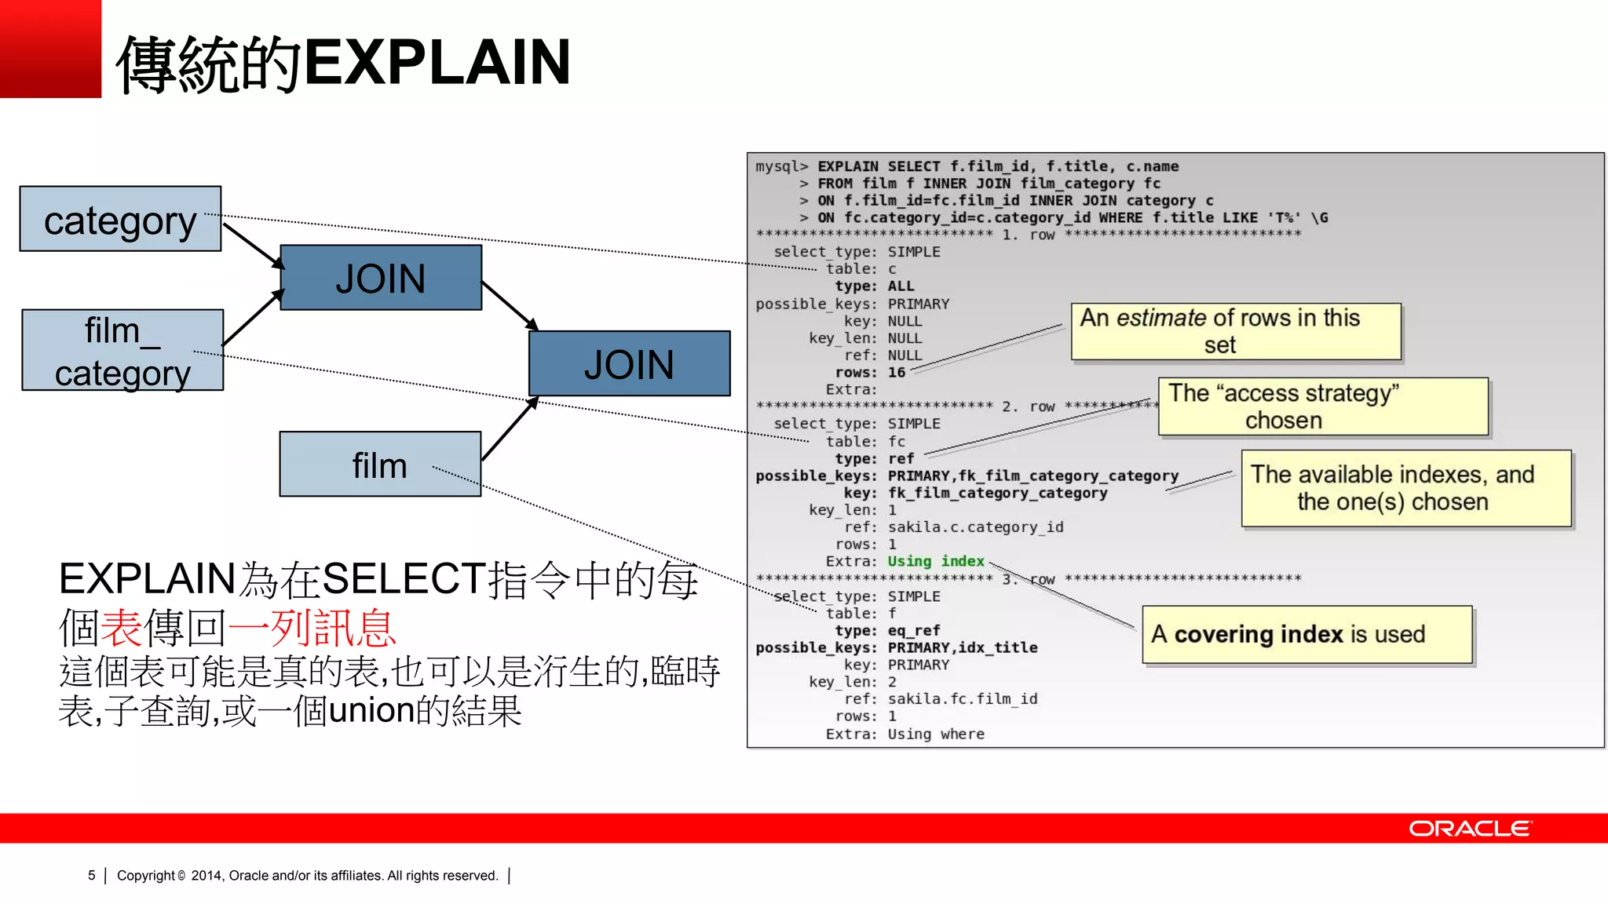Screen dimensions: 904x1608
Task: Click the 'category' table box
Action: pos(120,219)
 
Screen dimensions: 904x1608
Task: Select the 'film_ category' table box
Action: pos(122,351)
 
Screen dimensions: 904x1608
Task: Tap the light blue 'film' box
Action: pos(380,465)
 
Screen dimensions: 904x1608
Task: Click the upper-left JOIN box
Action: pos(381,278)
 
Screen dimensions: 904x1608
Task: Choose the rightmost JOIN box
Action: pos(629,364)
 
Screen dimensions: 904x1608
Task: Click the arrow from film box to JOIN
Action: pos(509,429)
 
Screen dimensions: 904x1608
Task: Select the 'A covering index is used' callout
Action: pos(1306,634)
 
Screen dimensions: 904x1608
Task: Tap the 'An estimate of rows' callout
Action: pos(1236,331)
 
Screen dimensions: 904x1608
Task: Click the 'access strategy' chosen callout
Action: pos(1323,406)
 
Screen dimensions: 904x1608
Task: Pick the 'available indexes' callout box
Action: pos(1405,488)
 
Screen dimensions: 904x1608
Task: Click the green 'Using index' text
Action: pos(935,561)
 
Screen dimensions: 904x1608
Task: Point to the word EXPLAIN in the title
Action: pos(437,62)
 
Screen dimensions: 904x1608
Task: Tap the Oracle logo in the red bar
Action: pos(1469,829)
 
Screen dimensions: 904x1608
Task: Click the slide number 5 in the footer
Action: pos(92,875)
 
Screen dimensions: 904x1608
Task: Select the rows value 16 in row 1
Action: pos(897,373)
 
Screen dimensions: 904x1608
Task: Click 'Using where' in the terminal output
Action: pos(935,734)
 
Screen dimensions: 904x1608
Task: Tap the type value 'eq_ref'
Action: pos(914,630)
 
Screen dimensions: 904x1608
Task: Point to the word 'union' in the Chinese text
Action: pos(371,711)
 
